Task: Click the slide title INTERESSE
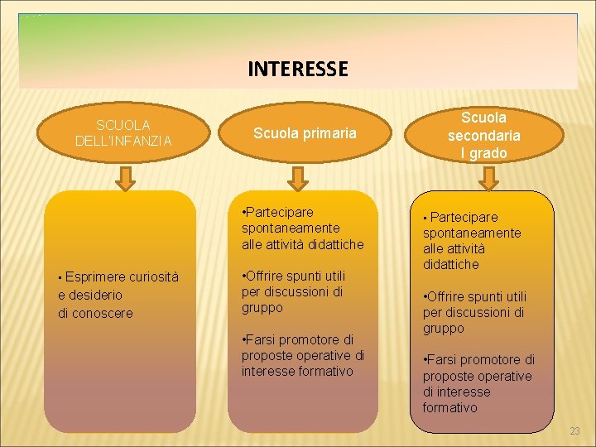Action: point(298,68)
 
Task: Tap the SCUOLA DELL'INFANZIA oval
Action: point(123,133)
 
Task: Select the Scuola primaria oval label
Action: point(305,133)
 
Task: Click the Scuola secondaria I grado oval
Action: point(484,136)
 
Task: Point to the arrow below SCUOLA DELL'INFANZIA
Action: point(124,175)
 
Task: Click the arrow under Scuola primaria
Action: point(298,175)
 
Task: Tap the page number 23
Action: point(574,431)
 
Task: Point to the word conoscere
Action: point(103,313)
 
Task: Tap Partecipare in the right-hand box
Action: point(464,217)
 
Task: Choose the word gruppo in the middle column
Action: point(262,307)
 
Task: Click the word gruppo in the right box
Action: point(444,329)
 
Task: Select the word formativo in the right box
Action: point(449,407)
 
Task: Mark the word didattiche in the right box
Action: point(451,264)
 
